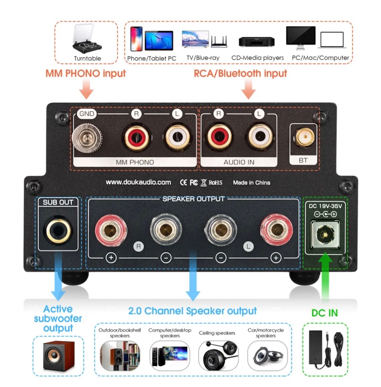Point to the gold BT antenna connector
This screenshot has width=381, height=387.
[303, 138]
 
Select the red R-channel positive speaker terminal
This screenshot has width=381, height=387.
[111, 229]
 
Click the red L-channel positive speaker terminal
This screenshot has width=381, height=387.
[276, 229]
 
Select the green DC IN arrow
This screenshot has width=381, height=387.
[324, 278]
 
